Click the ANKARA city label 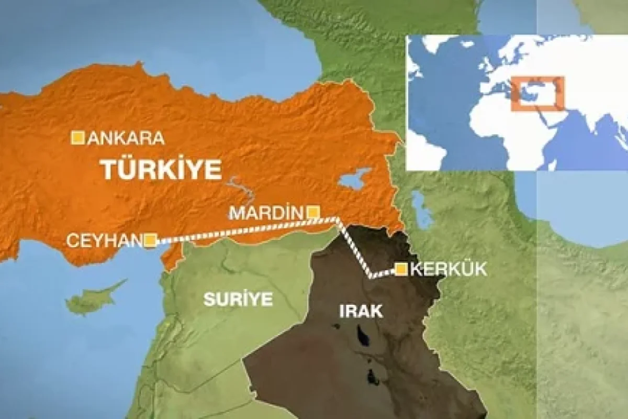(x=126, y=138)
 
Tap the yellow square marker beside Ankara (x=78, y=137)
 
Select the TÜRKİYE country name (x=161, y=170)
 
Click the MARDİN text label (x=266, y=213)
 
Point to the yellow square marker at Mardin (x=313, y=212)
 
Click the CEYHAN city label (x=104, y=241)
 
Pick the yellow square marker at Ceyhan (x=150, y=240)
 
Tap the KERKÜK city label (x=448, y=269)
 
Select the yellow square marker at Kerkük (x=401, y=269)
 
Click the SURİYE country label (x=238, y=300)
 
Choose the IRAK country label (x=361, y=312)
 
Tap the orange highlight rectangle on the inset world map (x=537, y=94)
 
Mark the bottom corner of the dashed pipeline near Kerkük (x=371, y=277)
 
